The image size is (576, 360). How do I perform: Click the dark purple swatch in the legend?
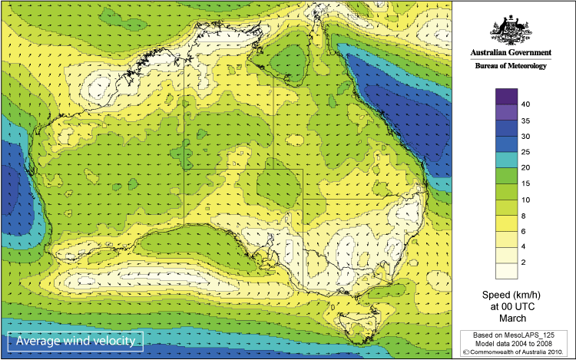[506, 96]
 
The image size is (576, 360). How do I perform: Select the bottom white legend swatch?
[506, 270]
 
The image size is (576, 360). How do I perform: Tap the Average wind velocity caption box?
[75, 341]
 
